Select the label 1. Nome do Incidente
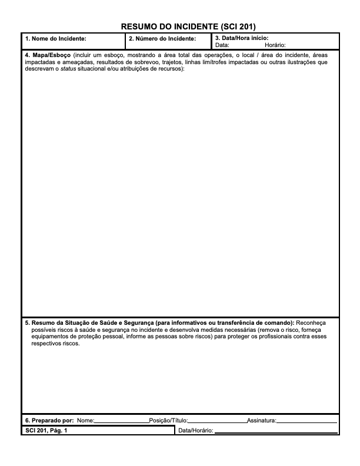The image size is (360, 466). coord(56,39)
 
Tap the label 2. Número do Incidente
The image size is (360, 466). coord(162,39)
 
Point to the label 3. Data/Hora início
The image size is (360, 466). coord(242,38)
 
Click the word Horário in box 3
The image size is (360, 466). coord(275,45)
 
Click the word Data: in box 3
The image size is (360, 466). coord(223,45)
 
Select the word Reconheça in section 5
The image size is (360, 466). coord(311,323)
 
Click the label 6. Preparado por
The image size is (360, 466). coord(49,421)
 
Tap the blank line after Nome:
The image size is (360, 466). coord(121,421)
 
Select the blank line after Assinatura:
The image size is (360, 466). coord(306,421)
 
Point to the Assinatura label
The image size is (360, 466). coord(261,421)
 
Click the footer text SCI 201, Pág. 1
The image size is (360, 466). coord(46,431)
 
